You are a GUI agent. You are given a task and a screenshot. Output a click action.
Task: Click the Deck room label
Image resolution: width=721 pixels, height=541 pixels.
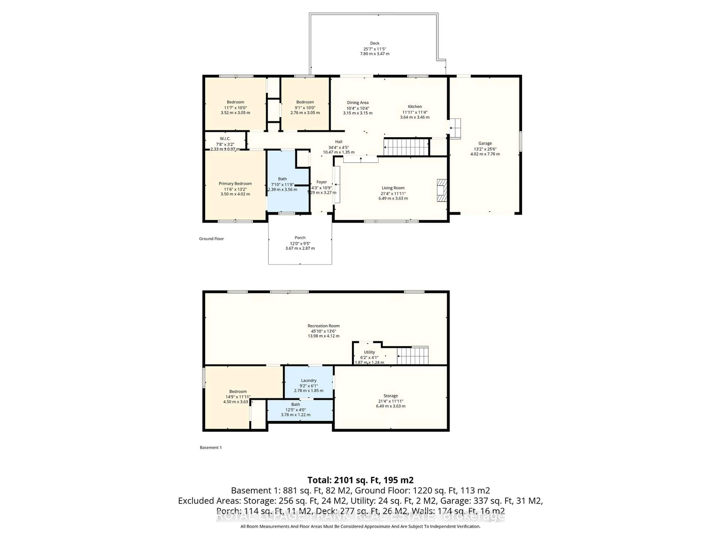(375, 43)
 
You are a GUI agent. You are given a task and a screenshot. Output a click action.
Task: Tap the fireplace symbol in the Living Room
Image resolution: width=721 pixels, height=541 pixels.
(442, 190)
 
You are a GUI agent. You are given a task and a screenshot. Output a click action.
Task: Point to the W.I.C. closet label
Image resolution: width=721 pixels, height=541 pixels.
(225, 139)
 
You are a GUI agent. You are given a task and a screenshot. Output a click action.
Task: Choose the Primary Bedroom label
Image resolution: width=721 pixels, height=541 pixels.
(235, 184)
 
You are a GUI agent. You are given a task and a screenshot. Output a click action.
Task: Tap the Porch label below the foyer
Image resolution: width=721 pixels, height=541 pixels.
(300, 238)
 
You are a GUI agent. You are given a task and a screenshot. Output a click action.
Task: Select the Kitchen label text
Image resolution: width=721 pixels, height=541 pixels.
(415, 107)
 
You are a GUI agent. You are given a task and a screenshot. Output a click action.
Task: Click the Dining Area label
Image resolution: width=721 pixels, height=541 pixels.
(357, 103)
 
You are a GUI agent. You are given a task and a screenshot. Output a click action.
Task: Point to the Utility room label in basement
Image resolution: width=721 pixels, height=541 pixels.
(369, 352)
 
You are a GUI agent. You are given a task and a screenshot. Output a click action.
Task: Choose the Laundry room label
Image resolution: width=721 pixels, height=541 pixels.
(308, 381)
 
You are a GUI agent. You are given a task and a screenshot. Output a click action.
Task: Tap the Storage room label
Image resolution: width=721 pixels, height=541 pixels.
(391, 396)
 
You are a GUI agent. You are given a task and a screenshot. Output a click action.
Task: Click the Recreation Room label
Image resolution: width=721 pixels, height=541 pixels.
(323, 326)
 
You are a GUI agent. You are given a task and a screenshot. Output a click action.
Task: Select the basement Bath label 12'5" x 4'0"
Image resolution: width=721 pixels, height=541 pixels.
(295, 410)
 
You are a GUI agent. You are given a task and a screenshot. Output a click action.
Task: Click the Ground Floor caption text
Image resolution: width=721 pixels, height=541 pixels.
(211, 239)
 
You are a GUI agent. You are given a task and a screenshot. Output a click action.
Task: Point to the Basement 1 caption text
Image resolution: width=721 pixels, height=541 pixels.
(210, 447)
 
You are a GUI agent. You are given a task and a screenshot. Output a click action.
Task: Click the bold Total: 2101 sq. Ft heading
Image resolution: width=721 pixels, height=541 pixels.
(360, 480)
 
